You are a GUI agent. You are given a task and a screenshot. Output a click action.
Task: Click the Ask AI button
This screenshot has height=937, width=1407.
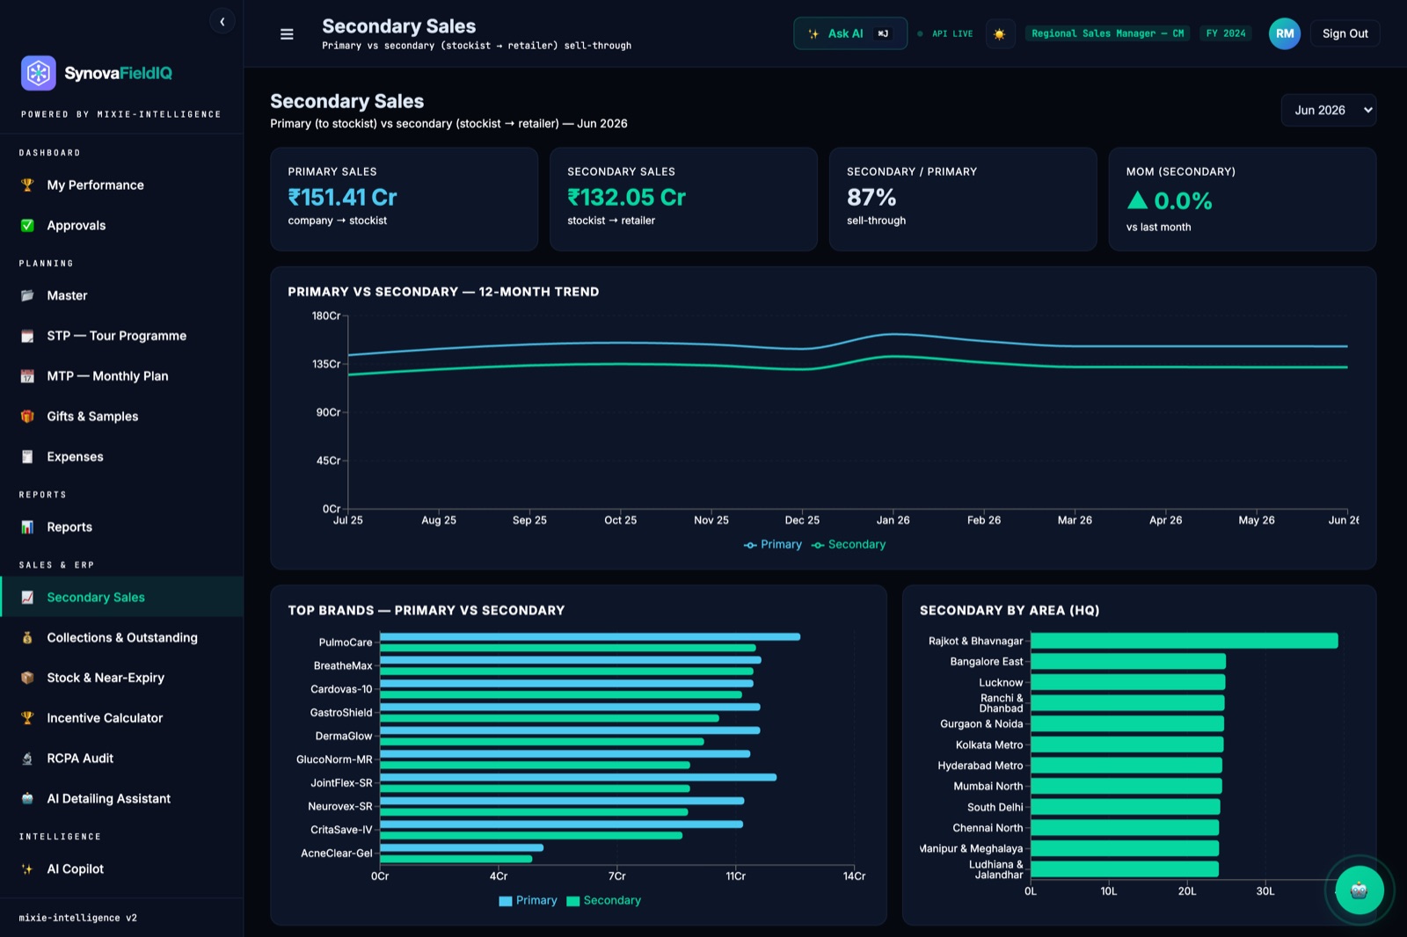tap(849, 33)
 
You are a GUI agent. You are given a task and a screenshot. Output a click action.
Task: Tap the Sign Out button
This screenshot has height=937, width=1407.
tap(1345, 33)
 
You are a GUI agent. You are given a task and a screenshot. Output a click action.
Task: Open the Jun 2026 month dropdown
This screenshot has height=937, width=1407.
tap(1329, 110)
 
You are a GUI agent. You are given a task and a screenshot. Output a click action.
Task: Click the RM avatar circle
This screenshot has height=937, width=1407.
tap(1285, 33)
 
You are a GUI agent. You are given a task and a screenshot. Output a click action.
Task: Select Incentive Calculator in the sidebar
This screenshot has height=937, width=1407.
tap(105, 718)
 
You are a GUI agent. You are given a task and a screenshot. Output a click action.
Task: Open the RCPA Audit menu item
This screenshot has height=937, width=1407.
tap(80, 758)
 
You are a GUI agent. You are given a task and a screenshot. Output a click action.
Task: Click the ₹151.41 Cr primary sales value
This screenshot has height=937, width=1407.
tap(342, 197)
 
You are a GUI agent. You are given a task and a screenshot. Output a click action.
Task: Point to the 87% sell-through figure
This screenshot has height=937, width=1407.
tap(871, 197)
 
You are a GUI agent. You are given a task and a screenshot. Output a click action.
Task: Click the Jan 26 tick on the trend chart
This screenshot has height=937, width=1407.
tap(893, 520)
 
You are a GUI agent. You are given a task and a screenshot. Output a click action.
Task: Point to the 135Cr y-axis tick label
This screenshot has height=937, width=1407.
tap(326, 364)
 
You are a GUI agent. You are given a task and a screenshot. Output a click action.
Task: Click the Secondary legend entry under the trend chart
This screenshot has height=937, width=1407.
tap(849, 544)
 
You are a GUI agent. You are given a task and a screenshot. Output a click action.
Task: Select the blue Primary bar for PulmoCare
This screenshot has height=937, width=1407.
tap(590, 636)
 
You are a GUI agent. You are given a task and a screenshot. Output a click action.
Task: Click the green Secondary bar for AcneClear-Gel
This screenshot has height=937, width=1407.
tap(456, 859)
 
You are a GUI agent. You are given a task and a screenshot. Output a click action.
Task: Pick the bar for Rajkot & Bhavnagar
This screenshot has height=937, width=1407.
tap(1184, 641)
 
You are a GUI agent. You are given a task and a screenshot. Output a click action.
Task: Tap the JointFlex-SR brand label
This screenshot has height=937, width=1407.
tap(341, 782)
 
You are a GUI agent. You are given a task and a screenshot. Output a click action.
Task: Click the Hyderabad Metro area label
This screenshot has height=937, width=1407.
tap(980, 766)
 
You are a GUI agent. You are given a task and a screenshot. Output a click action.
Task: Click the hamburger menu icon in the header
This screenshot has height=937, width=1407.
tap(287, 34)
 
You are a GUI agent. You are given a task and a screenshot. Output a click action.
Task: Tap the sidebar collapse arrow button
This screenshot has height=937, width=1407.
tap(222, 22)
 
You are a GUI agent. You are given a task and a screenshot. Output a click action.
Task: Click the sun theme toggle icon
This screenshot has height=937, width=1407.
tap(999, 34)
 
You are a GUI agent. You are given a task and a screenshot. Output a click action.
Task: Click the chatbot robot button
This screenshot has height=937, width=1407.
tap(1360, 890)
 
